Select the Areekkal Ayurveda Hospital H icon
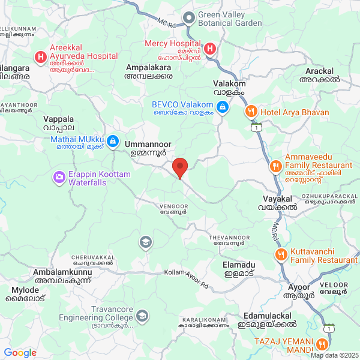(40, 58)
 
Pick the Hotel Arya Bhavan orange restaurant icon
(251, 111)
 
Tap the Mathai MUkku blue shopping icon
(114, 141)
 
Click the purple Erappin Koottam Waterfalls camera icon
(59, 177)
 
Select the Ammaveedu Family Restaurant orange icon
(275, 166)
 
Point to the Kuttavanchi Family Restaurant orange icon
(280, 255)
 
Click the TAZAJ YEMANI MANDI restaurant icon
(322, 344)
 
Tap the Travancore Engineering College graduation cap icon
(142, 315)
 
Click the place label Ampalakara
(148, 68)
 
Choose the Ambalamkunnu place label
(63, 272)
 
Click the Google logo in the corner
(20, 353)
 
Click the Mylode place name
(25, 290)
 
